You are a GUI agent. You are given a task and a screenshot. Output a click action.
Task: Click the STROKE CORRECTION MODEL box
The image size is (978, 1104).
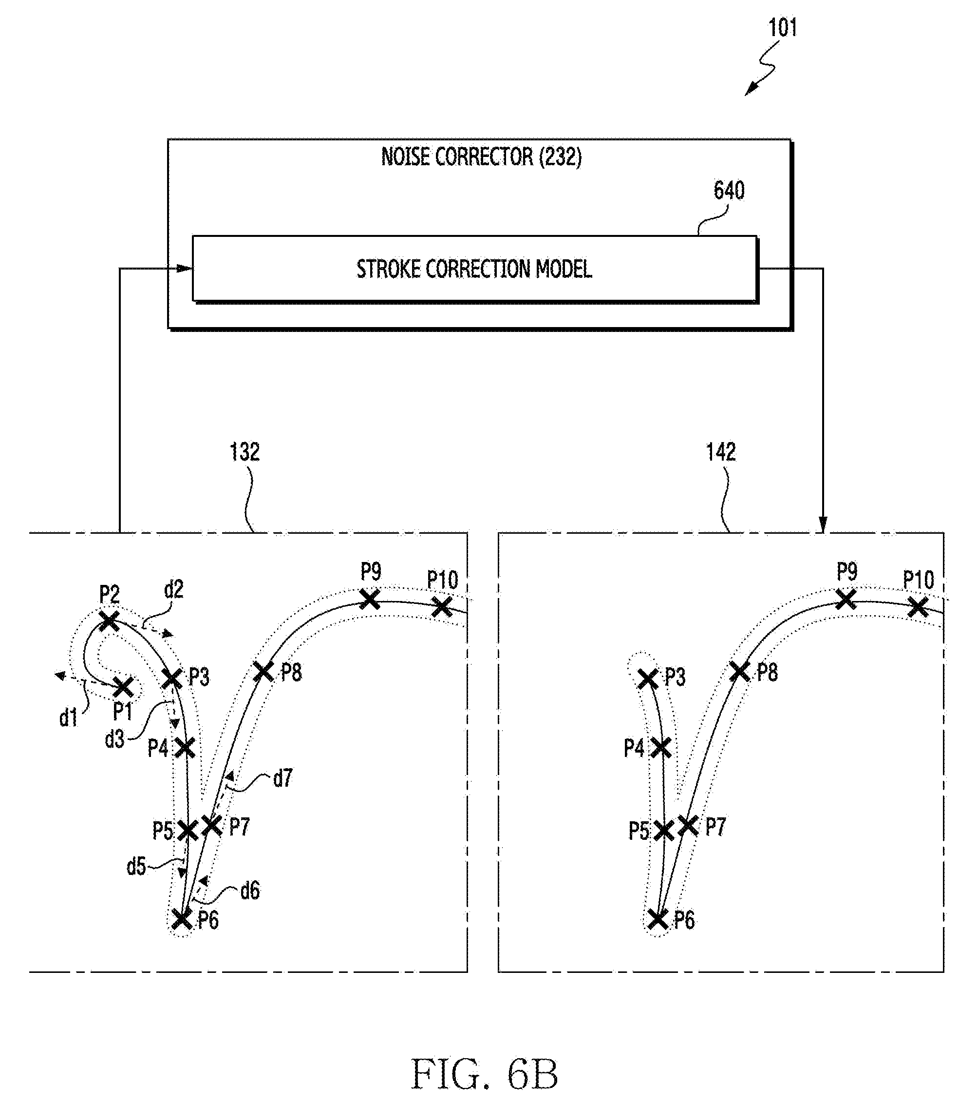(474, 269)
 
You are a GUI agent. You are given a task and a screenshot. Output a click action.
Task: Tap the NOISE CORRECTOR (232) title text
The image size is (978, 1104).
(481, 157)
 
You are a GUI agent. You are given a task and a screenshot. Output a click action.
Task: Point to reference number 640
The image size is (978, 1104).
(729, 191)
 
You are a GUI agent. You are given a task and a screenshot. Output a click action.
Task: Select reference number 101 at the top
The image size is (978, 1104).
(782, 28)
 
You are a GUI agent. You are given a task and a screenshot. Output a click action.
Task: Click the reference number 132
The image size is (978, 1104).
(244, 452)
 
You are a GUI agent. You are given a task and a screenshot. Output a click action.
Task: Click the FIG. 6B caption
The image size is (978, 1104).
(484, 1075)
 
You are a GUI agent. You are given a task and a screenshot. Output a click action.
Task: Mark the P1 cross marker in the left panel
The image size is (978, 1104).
(123, 688)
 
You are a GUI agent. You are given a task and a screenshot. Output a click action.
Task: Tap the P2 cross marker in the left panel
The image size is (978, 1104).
(109, 621)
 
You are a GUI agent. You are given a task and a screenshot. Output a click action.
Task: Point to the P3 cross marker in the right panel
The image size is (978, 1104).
(648, 679)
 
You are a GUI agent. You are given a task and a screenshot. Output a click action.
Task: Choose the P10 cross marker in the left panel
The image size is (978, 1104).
(441, 606)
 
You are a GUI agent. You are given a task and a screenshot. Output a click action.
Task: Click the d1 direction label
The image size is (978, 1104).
(69, 718)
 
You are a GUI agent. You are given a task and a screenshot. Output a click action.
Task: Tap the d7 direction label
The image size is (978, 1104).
(282, 778)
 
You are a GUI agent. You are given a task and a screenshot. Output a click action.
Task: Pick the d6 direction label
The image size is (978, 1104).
(250, 890)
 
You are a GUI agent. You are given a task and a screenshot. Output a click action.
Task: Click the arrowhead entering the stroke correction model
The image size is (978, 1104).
(185, 269)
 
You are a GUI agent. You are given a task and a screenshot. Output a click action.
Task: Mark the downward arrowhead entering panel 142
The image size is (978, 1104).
(823, 524)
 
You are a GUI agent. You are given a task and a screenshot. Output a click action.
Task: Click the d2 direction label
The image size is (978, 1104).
(174, 590)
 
